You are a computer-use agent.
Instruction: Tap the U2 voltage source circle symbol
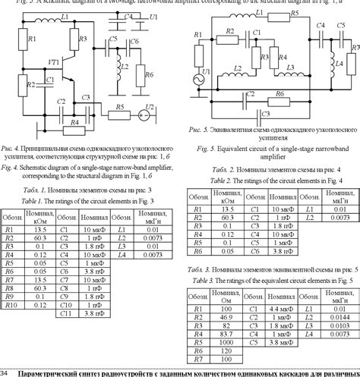point(144,117)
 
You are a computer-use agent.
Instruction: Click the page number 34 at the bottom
point(5,373)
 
